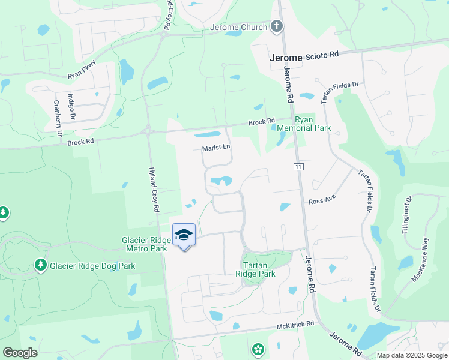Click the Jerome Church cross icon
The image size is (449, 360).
point(276,26)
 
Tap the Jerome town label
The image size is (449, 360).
point(286,58)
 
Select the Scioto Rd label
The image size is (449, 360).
point(322,54)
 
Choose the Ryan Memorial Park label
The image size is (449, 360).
point(312,124)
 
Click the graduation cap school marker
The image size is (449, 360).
point(184,235)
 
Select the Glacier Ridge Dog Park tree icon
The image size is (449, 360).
point(41,265)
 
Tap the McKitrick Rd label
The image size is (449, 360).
point(295,324)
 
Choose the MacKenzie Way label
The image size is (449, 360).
point(420,260)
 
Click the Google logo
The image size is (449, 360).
point(20,353)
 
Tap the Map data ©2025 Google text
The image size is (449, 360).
point(412,355)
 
